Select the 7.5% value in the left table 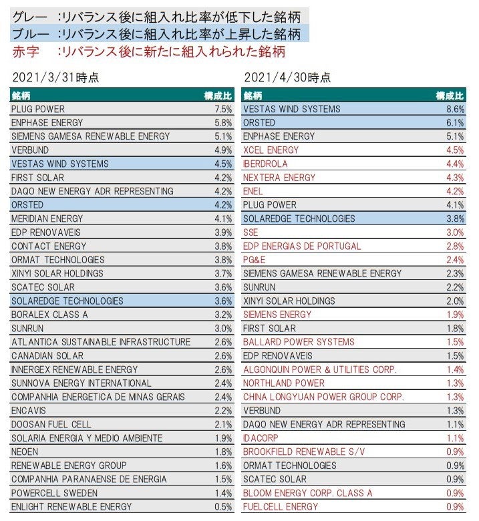(x=222, y=109)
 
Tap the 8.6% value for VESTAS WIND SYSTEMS (x=455, y=109)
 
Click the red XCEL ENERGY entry (x=271, y=150)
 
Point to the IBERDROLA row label (x=266, y=164)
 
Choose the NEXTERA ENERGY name (x=279, y=178)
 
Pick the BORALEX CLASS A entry (x=49, y=315)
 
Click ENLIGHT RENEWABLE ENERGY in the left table (x=71, y=507)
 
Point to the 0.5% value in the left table (x=222, y=507)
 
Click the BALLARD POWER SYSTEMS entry (x=299, y=342)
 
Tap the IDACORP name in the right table (x=261, y=438)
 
